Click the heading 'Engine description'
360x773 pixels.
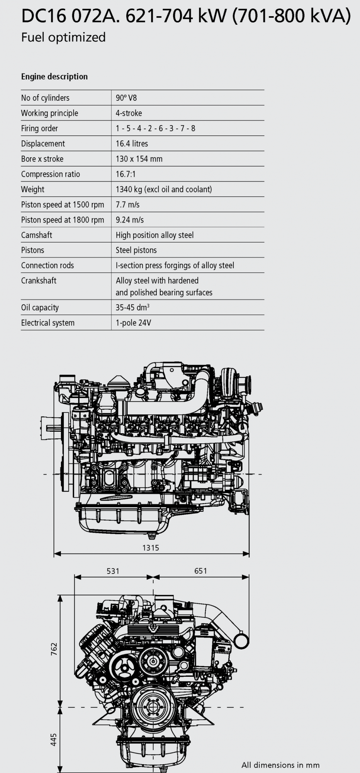click(54, 77)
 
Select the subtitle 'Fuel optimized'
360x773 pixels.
click(63, 37)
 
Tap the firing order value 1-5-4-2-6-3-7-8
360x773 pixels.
click(155, 128)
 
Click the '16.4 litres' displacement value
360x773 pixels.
click(132, 144)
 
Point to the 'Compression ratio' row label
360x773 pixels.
click(51, 174)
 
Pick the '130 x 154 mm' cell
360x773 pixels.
click(139, 159)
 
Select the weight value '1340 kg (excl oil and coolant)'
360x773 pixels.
click(164, 189)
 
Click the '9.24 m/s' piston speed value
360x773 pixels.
click(130, 220)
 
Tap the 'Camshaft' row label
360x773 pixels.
click(37, 235)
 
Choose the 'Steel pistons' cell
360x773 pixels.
click(136, 250)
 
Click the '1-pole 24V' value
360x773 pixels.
click(133, 323)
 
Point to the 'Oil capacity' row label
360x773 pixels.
click(40, 308)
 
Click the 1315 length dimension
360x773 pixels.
click(151, 548)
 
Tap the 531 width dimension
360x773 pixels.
click(113, 571)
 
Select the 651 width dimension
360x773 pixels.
click(201, 571)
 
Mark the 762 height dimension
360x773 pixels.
click(54, 649)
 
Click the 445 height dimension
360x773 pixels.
click(54, 739)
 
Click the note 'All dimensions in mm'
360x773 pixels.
click(280, 765)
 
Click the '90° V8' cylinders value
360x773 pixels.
click(126, 98)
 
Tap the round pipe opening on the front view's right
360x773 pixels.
click(241, 641)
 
